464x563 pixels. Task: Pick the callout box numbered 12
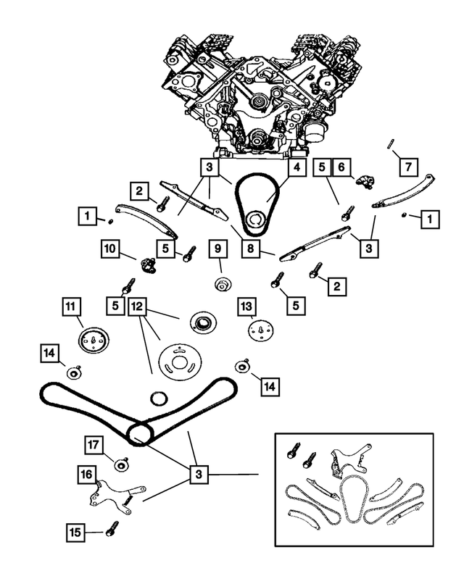click(x=138, y=307)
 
